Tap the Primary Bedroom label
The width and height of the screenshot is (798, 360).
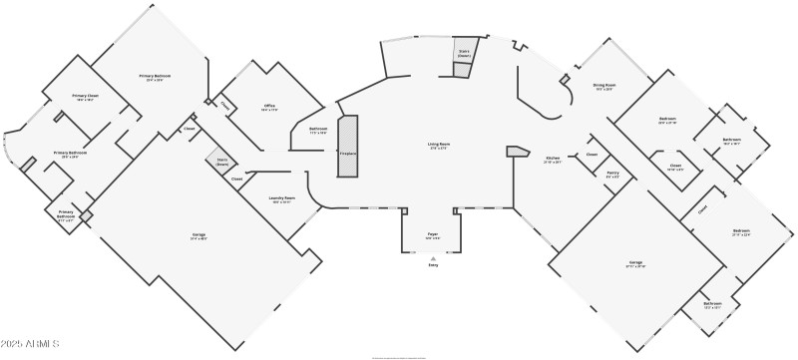click(154, 78)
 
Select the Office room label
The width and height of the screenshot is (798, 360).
click(269, 107)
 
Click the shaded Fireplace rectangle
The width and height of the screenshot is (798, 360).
click(347, 147)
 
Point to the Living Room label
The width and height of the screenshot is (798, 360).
click(438, 147)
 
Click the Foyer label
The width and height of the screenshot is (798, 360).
click(433, 236)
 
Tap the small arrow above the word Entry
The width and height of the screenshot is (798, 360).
click(433, 257)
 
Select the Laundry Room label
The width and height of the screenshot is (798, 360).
click(282, 199)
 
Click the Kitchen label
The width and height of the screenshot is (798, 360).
click(553, 159)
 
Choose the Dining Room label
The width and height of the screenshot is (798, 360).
click(603, 87)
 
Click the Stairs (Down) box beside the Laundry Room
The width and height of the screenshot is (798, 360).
click(221, 162)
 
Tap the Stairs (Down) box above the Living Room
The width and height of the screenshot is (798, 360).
click(464, 55)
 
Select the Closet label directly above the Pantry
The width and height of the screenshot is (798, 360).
click(592, 155)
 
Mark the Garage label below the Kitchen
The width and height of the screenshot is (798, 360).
click(635, 264)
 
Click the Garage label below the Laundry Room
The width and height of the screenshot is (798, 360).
click(199, 236)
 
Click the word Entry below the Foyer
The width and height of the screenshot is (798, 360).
click(433, 265)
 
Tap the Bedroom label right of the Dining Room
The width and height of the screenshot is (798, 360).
click(667, 121)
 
